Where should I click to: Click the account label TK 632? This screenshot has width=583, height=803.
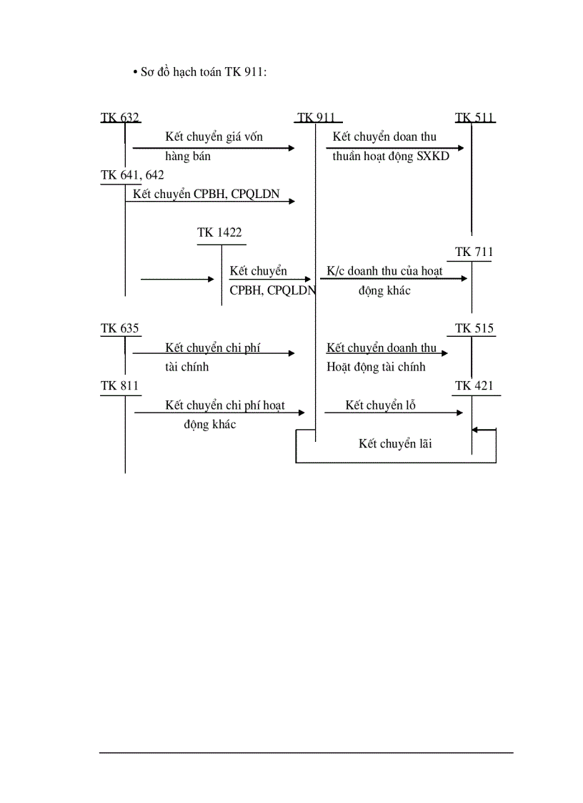pyautogui.click(x=120, y=118)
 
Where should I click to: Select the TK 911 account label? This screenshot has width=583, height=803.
pyautogui.click(x=317, y=118)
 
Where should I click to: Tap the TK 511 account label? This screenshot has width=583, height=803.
pyautogui.click(x=474, y=118)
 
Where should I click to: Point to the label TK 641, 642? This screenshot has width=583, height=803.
pyautogui.click(x=132, y=174)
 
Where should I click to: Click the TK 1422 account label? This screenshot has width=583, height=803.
pyautogui.click(x=219, y=232)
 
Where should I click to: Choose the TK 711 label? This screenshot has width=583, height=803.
pyautogui.click(x=474, y=252)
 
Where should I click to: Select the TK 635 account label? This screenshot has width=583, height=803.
pyautogui.click(x=120, y=328)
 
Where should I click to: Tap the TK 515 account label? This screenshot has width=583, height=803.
pyautogui.click(x=474, y=328)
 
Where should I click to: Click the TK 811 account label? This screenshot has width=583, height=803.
pyautogui.click(x=120, y=386)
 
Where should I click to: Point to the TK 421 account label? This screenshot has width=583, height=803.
pyautogui.click(x=474, y=386)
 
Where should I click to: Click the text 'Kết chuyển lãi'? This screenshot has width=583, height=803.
pyautogui.click(x=395, y=444)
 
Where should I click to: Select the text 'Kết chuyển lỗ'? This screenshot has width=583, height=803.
pyautogui.click(x=381, y=405)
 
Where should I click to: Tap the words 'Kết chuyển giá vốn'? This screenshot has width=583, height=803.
pyautogui.click(x=214, y=137)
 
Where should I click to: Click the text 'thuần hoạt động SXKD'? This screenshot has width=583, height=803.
pyautogui.click(x=391, y=156)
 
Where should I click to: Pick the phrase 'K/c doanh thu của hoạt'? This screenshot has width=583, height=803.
pyautogui.click(x=384, y=271)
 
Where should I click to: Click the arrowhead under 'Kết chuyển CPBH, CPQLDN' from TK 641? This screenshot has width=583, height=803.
pyautogui.click(x=291, y=202)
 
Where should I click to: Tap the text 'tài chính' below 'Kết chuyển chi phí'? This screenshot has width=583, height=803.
pyautogui.click(x=186, y=367)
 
